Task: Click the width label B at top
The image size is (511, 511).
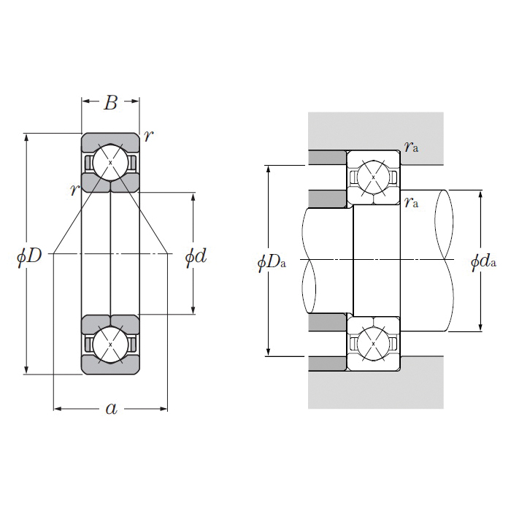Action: click(x=110, y=103)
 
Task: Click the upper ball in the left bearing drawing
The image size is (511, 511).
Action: click(x=110, y=162)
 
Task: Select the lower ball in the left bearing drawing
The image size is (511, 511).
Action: click(x=110, y=345)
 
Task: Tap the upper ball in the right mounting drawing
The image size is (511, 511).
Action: click(x=373, y=177)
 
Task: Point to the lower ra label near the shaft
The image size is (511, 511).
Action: click(x=412, y=201)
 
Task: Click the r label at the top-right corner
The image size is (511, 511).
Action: click(x=148, y=136)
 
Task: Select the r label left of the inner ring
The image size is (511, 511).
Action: click(x=73, y=190)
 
